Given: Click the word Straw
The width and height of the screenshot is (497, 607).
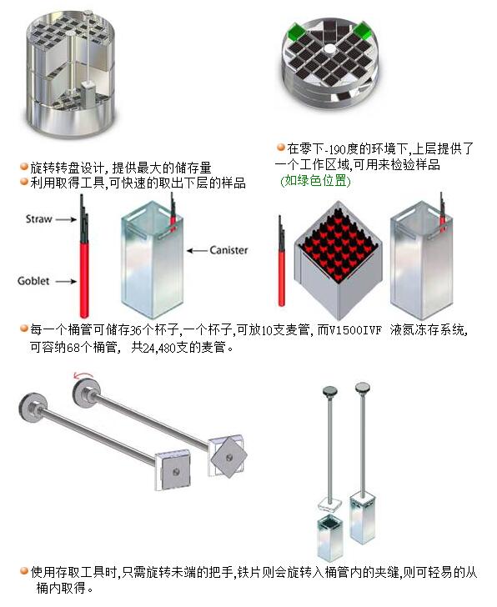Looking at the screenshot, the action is [x=38, y=219].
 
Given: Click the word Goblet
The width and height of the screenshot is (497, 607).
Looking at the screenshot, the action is [x=33, y=281].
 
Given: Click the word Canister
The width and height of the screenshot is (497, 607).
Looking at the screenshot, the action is [x=228, y=250].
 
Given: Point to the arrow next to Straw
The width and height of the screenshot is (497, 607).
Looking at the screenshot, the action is [x=66, y=219].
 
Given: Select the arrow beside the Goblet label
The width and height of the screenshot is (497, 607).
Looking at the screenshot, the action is [x=66, y=282].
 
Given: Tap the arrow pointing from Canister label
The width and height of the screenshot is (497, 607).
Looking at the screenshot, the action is [x=197, y=251].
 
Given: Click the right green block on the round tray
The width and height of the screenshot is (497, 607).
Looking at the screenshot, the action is [x=362, y=30].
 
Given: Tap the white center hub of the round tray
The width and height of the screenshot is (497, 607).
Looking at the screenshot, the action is [x=329, y=48].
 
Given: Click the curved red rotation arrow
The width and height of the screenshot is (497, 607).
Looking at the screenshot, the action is [x=83, y=374].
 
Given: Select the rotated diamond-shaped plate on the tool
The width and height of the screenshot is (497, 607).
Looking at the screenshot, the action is [x=229, y=458].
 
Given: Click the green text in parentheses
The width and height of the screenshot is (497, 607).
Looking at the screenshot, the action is [x=315, y=181].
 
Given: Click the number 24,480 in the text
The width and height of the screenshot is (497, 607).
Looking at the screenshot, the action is [x=159, y=348].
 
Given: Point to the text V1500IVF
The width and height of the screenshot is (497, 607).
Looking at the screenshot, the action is [x=355, y=330].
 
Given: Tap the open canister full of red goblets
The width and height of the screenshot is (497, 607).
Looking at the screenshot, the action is [x=338, y=259].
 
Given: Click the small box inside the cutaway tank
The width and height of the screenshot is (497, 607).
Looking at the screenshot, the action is [x=88, y=93].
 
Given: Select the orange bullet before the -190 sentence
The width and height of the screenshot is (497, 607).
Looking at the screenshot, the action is [x=281, y=147].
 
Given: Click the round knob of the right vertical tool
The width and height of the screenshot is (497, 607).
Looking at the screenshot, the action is [x=363, y=386].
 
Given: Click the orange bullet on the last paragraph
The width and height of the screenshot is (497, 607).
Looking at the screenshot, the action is [x=24, y=570].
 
